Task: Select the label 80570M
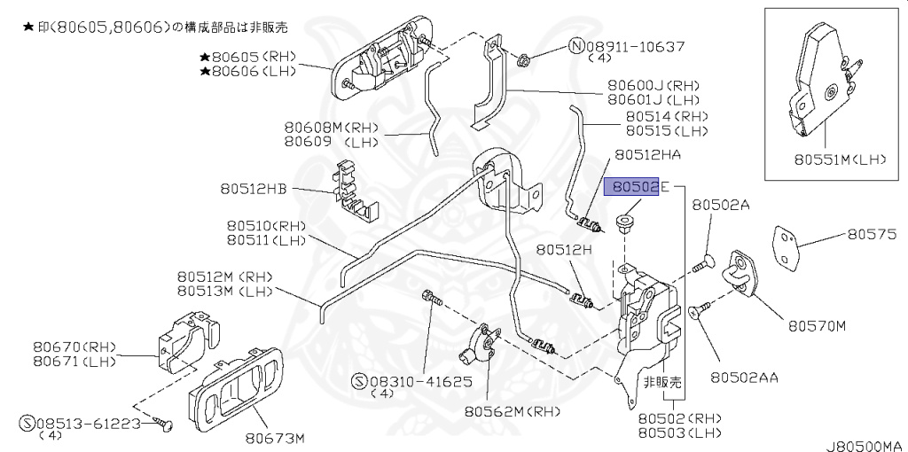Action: [817, 325]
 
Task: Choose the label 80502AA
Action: [743, 378]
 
